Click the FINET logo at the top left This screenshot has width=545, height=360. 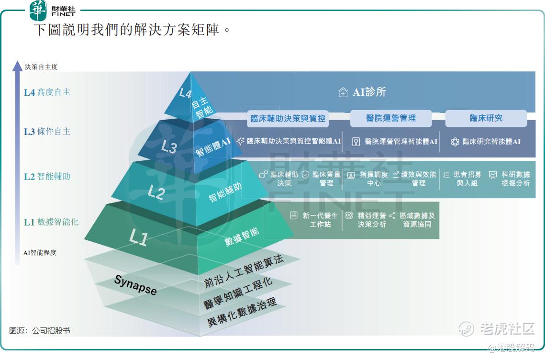coord(53,11)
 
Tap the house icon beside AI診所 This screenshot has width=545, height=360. coord(343,92)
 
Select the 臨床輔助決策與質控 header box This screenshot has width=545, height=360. coord(288,118)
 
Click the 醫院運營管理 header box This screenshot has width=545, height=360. coord(390,118)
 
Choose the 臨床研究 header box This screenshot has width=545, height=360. coord(486,118)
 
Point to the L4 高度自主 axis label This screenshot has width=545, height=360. coord(47,92)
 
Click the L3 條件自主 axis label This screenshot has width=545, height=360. coord(47,132)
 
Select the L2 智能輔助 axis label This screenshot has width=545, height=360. coord(47,176)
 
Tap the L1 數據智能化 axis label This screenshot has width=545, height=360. coord(51,222)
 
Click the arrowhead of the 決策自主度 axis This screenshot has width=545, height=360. coord(17,66)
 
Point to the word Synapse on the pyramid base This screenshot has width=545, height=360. coord(135,285)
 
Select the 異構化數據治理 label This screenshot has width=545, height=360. coord(242,312)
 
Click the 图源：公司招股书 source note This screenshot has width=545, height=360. coord(40,330)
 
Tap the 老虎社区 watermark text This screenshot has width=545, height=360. coord(507,328)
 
